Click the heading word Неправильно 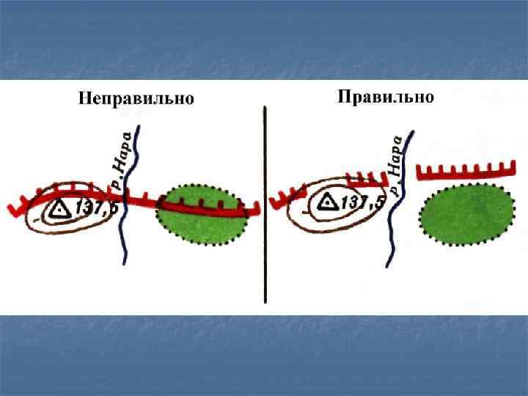pos(136,99)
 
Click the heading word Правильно pos(386,97)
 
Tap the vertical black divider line pos(265,205)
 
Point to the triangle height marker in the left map pos(61,210)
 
